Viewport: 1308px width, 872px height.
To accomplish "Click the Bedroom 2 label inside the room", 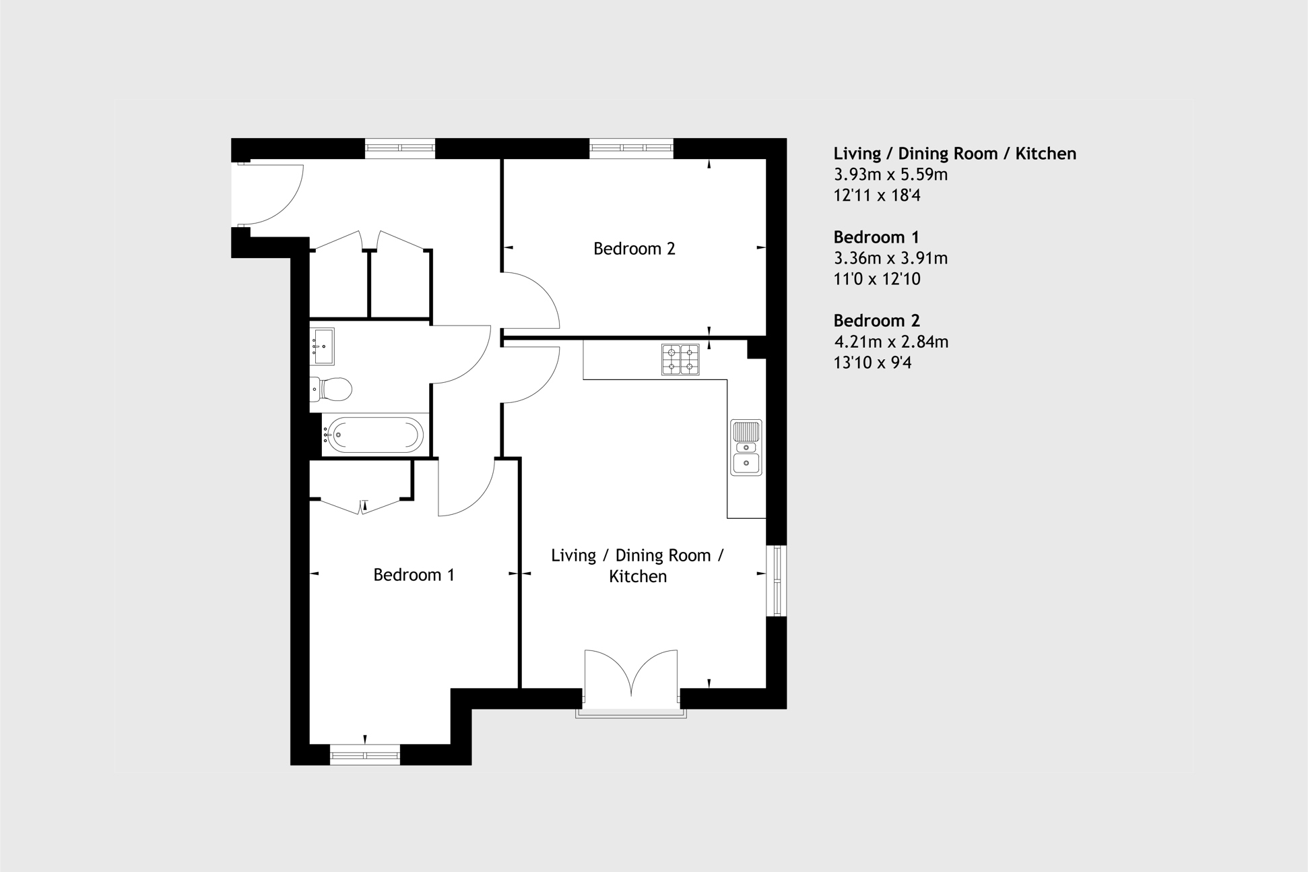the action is click(634, 249).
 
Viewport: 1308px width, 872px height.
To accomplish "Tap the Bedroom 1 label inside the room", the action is click(414, 575).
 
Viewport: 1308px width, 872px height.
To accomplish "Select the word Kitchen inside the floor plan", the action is click(638, 576).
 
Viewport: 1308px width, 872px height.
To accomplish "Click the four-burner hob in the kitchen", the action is click(680, 359).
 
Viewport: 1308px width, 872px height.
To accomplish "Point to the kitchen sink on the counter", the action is click(746, 447).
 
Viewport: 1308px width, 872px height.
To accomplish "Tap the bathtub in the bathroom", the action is click(373, 435).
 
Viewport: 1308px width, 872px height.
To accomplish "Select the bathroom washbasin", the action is click(322, 346).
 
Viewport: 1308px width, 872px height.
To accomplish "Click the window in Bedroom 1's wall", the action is click(365, 755).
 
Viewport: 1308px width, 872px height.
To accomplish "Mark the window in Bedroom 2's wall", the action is click(631, 148).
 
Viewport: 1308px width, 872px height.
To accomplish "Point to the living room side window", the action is click(777, 580).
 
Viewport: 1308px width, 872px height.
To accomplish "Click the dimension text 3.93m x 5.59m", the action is click(890, 175).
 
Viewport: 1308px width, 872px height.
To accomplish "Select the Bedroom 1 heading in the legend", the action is click(876, 237).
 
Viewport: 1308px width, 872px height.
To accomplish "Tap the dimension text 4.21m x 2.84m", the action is click(891, 342).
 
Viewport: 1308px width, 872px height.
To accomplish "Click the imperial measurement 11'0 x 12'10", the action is click(877, 279).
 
